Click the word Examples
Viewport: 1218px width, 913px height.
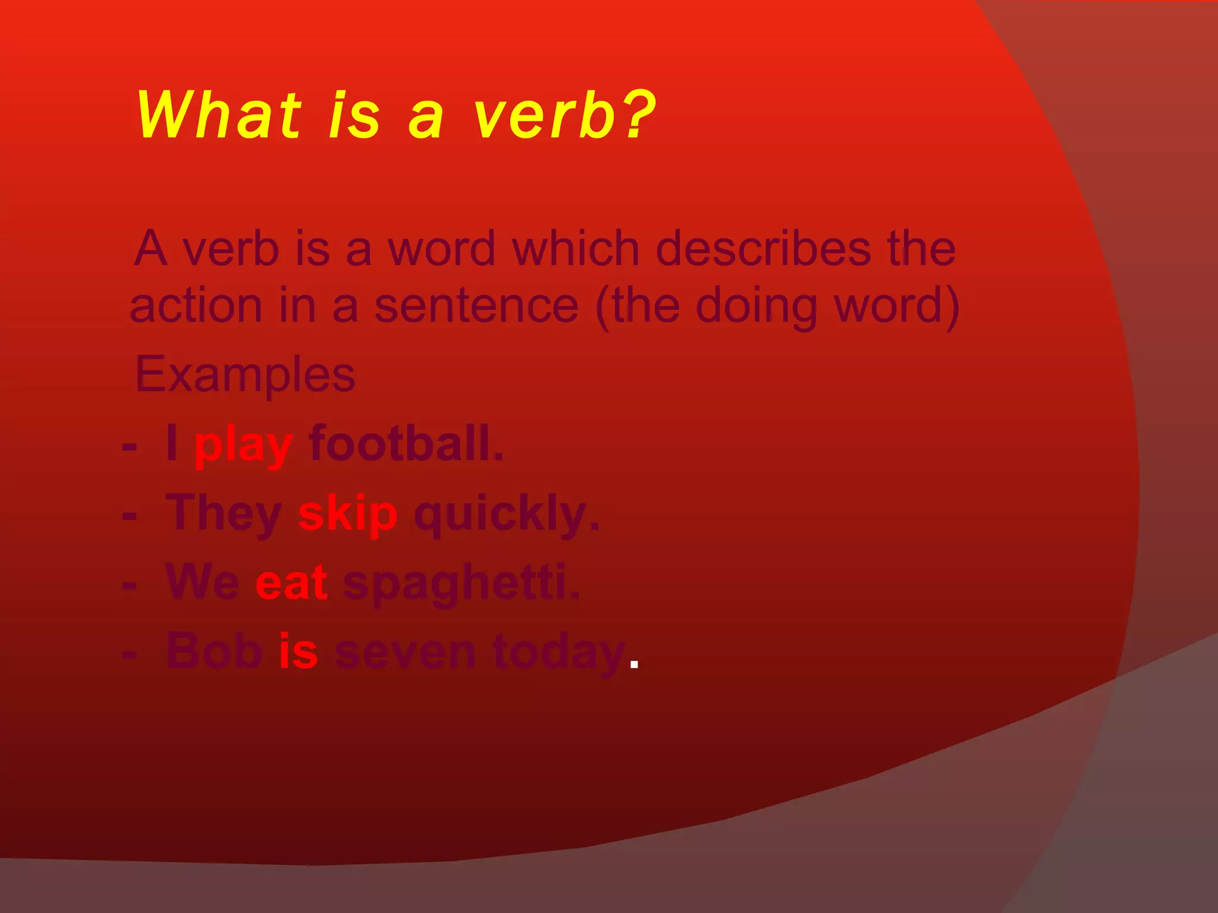[245, 375]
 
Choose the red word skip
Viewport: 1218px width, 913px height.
[347, 515]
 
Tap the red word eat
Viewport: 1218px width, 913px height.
[291, 583]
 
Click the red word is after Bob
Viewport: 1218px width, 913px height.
[298, 651]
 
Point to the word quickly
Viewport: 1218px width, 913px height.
[506, 515]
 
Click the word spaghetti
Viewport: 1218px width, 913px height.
[461, 584]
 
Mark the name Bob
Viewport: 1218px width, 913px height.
[214, 651]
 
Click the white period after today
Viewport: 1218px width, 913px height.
[634, 664]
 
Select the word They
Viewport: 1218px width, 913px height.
[224, 515]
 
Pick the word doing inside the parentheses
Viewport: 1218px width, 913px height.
[756, 307]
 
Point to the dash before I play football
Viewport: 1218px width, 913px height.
[129, 446]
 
